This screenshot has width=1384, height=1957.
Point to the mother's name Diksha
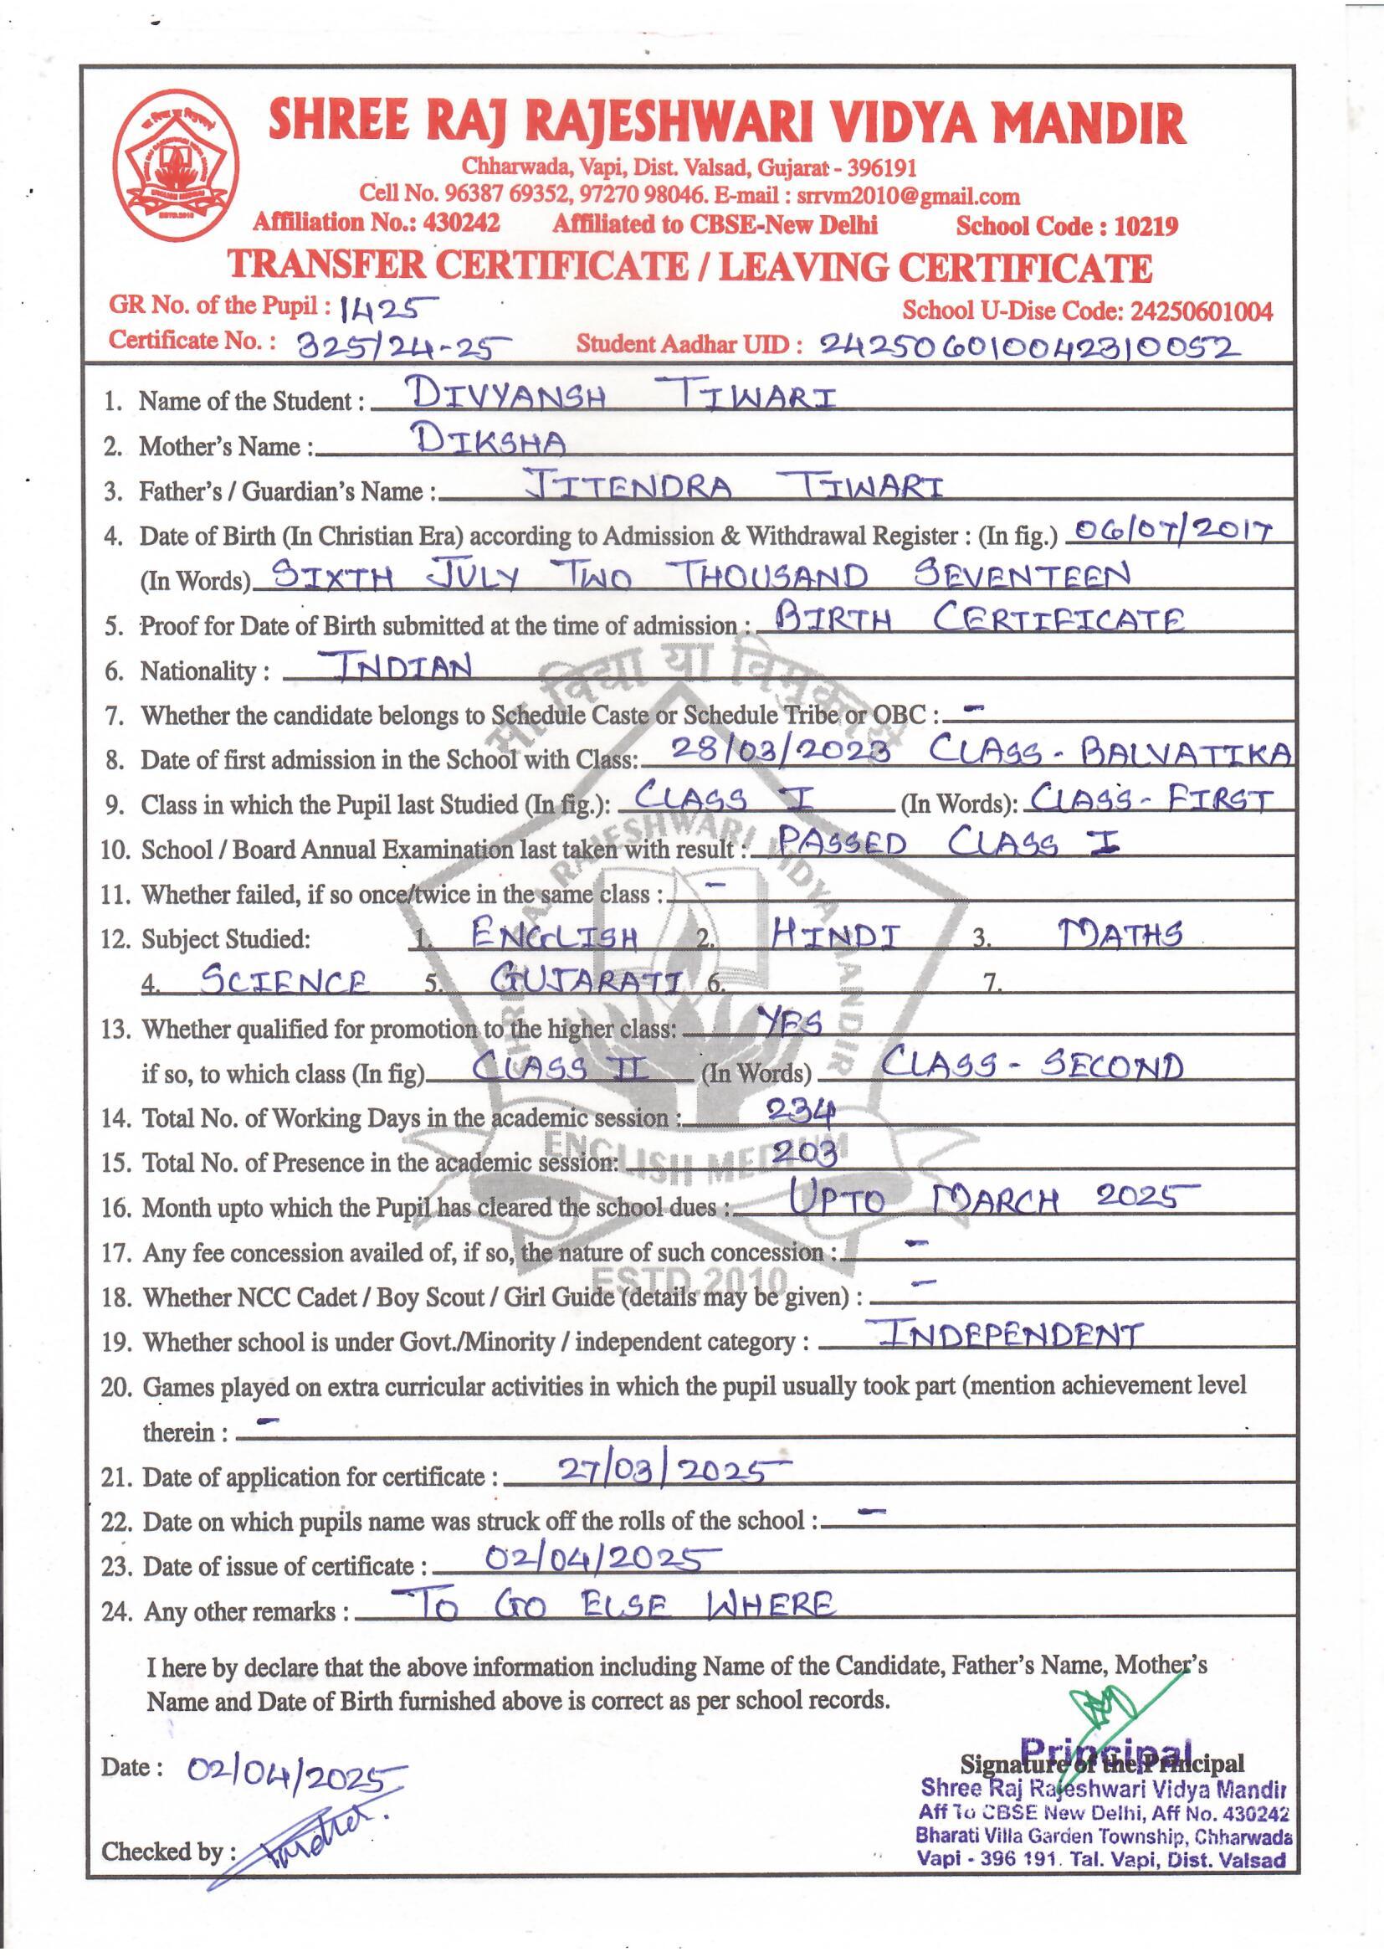pyautogui.click(x=490, y=440)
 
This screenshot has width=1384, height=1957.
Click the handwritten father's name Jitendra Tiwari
pyautogui.click(x=734, y=485)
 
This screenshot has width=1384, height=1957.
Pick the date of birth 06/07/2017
pyautogui.click(x=1171, y=531)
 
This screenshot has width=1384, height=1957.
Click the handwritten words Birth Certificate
pyautogui.click(x=972, y=619)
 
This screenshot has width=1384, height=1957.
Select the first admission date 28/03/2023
pyautogui.click(x=782, y=750)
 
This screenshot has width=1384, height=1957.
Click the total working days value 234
pyautogui.click(x=799, y=1109)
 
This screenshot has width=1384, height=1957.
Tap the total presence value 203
pyautogui.click(x=802, y=1154)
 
